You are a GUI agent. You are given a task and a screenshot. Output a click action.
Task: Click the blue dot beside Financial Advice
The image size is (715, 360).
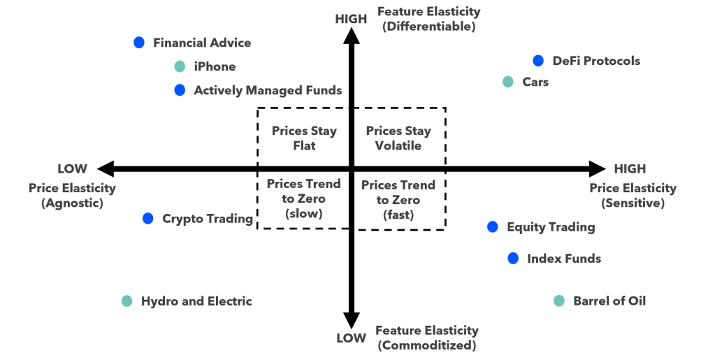(x=139, y=43)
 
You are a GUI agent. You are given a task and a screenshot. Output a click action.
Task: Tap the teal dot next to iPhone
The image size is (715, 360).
(x=180, y=67)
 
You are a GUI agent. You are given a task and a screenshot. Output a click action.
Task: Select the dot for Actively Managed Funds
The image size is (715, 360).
(x=180, y=90)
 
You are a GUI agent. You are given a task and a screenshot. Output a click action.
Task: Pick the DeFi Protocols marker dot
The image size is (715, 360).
(x=537, y=61)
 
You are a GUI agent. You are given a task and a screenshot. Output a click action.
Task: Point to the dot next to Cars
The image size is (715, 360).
(x=508, y=82)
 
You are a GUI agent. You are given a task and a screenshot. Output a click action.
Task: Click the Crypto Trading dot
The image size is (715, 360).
(x=147, y=219)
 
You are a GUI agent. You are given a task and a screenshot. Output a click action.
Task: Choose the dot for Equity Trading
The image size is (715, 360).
(x=493, y=226)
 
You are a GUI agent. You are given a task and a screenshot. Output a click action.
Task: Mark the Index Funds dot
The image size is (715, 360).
(x=513, y=259)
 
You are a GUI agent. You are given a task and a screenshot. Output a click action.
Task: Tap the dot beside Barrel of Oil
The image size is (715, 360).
(x=558, y=301)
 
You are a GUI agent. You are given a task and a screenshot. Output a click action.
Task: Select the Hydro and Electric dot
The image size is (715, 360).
(x=127, y=301)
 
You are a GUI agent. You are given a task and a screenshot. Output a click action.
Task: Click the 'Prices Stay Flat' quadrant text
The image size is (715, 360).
(x=304, y=138)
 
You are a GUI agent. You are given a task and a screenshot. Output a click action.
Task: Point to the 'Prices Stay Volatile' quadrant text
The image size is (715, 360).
(x=398, y=138)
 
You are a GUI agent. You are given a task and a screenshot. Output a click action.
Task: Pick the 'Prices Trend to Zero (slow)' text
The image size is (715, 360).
(x=303, y=199)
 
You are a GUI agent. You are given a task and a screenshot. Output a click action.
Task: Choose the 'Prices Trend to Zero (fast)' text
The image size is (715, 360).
(x=398, y=200)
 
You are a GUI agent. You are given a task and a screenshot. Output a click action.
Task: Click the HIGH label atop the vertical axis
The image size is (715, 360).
(x=351, y=19)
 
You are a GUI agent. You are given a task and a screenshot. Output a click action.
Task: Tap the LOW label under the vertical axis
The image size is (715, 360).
(x=351, y=338)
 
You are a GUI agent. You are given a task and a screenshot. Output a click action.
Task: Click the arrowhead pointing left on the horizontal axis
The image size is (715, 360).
(x=106, y=168)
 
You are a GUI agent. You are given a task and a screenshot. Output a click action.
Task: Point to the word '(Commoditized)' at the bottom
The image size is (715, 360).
(x=427, y=345)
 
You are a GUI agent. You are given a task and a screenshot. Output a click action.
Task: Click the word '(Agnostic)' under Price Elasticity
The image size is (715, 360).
(x=72, y=203)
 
